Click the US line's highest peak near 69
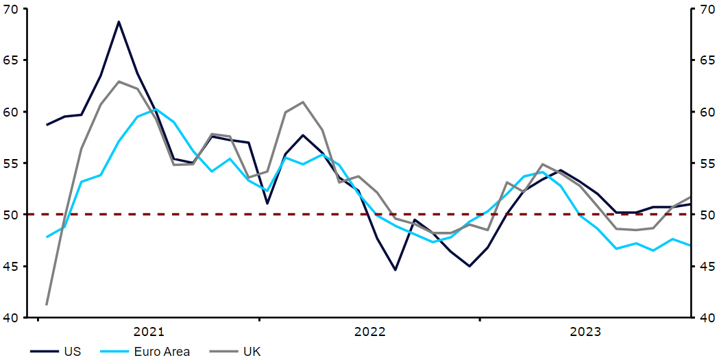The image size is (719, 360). (x=119, y=22)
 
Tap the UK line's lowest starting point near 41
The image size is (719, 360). (x=47, y=304)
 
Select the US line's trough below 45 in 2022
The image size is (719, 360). (x=395, y=269)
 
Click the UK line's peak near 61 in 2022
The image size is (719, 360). (x=303, y=102)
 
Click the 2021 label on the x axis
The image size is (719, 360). (x=149, y=333)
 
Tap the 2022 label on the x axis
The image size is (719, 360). (x=370, y=333)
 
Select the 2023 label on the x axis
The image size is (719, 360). (x=586, y=333)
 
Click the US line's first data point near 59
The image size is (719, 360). (x=47, y=125)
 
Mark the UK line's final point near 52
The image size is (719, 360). (x=690, y=197)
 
